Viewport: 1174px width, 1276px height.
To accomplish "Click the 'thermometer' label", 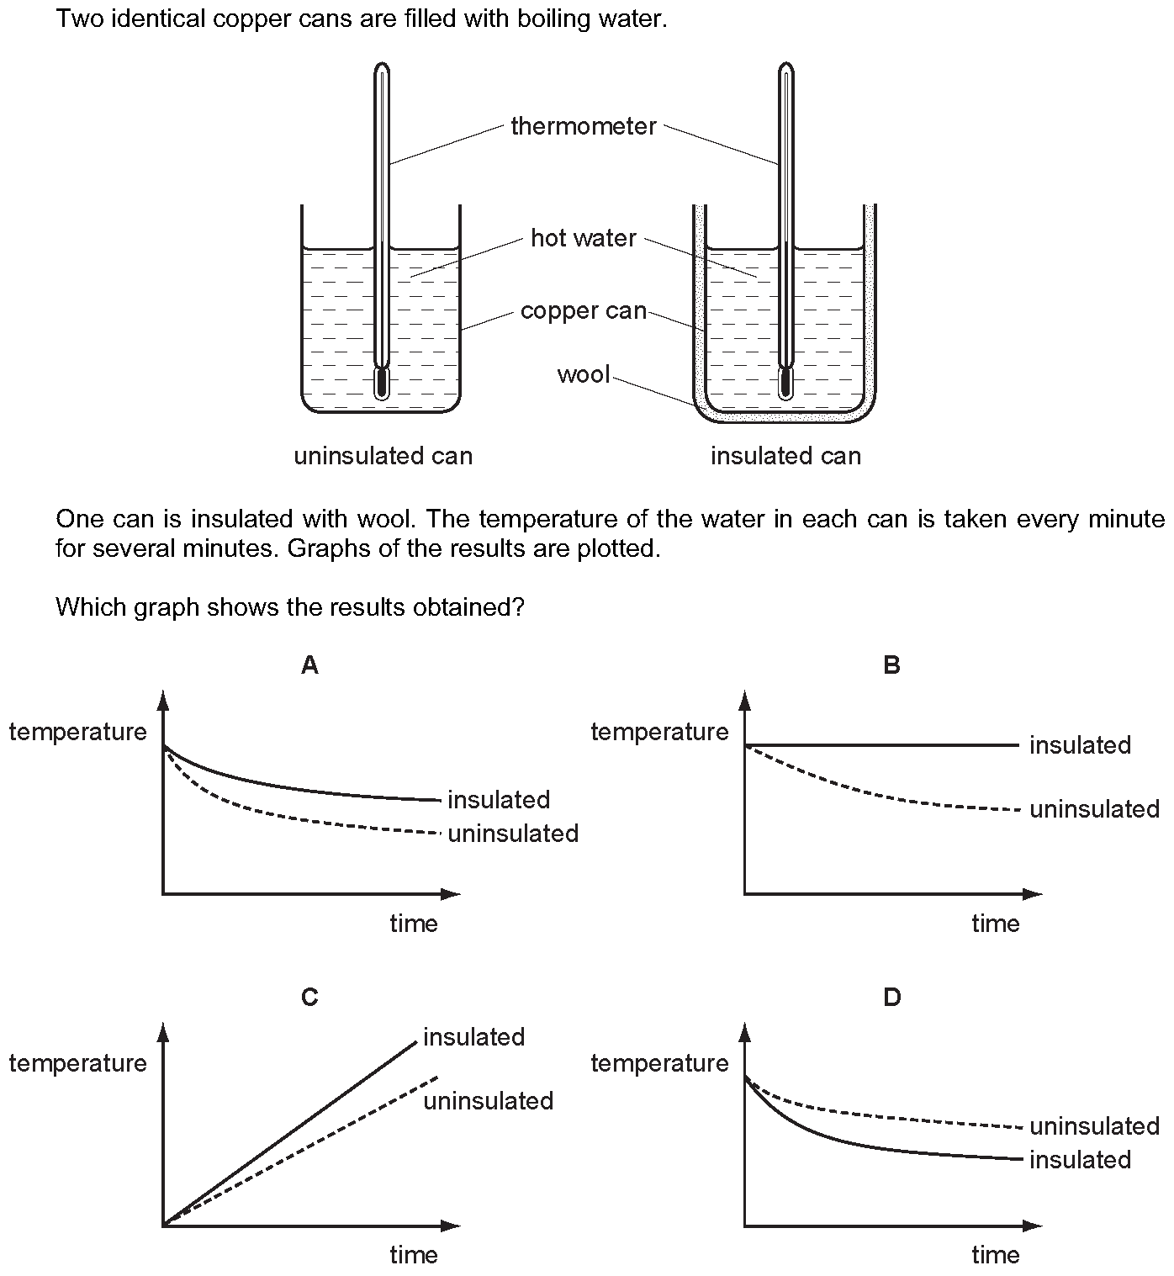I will tap(583, 126).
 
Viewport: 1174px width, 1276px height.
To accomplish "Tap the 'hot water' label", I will tap(583, 238).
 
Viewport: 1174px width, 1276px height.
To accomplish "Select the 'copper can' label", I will tap(583, 311).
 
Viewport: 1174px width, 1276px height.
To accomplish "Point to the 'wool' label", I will tap(583, 373).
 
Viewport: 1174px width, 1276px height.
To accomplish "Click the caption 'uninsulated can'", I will tap(383, 456).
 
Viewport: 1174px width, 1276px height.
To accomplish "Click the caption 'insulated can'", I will tap(785, 456).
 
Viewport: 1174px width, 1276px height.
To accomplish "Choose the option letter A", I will tap(309, 665).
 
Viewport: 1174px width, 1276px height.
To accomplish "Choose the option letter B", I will tap(891, 665).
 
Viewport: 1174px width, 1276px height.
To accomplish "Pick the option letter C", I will tap(309, 997).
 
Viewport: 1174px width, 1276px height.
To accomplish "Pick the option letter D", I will tap(891, 997).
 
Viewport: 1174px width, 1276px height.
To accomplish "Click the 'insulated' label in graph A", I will tap(499, 799).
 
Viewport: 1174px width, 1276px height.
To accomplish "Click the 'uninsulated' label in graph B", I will tap(1094, 809).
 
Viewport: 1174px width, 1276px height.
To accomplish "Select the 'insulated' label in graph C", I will tap(473, 1036).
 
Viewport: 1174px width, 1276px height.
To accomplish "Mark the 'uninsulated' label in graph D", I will tap(1094, 1125).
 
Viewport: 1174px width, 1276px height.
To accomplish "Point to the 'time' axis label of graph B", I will tap(995, 924).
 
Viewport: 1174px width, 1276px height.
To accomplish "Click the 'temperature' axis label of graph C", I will tap(77, 1063).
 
